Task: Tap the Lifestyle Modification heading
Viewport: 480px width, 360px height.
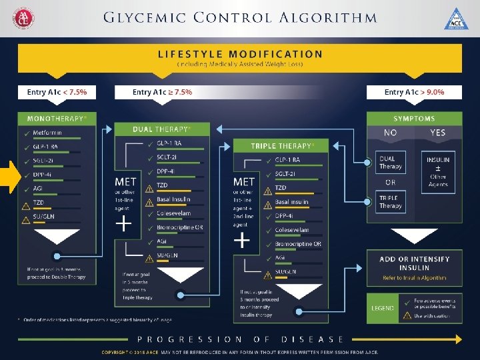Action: [239, 54]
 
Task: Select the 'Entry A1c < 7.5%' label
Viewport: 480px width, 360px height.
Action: [57, 92]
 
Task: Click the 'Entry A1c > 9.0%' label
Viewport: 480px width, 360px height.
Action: [414, 92]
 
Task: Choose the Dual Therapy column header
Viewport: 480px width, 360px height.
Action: [162, 129]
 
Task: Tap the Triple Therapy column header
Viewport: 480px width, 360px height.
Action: [281, 145]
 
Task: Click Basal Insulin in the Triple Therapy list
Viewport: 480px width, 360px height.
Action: [291, 202]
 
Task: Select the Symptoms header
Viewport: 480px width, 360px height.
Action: [414, 118]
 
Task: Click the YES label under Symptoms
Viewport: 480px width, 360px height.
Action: [437, 133]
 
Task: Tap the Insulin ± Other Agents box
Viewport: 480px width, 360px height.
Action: [437, 171]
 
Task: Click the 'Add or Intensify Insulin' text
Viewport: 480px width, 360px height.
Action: [414, 263]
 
